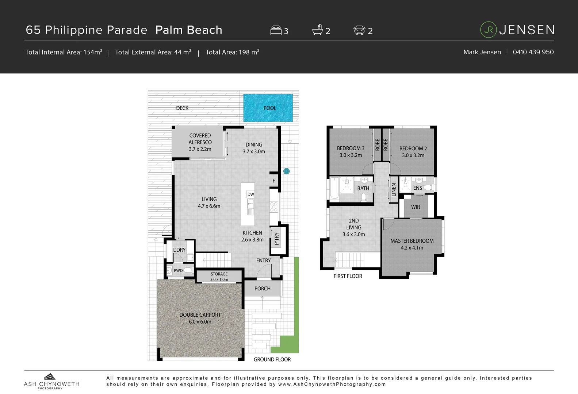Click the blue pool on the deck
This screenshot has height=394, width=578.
click(268, 108)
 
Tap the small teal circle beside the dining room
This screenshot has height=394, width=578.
click(287, 171)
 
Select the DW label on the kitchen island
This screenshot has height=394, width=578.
click(250, 194)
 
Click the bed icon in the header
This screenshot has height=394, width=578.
click(276, 30)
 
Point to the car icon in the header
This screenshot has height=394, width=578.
click(359, 30)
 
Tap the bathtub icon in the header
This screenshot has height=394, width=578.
click(318, 30)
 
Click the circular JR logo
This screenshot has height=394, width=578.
click(488, 30)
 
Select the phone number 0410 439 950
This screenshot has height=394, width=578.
click(533, 52)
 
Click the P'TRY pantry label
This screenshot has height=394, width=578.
click(277, 239)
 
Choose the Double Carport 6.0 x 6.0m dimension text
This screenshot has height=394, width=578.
click(200, 322)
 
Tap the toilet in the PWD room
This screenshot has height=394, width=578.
click(188, 270)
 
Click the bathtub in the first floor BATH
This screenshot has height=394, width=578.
click(334, 189)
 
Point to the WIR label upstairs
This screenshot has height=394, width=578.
click(416, 207)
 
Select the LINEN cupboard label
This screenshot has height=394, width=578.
click(394, 190)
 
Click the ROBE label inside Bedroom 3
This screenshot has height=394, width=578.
click(378, 145)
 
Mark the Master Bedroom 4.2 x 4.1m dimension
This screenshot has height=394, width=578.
click(412, 248)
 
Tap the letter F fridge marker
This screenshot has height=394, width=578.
click(274, 181)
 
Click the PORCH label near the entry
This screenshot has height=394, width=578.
click(262, 289)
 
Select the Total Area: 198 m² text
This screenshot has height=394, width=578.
click(232, 52)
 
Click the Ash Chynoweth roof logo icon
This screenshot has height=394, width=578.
click(50, 377)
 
